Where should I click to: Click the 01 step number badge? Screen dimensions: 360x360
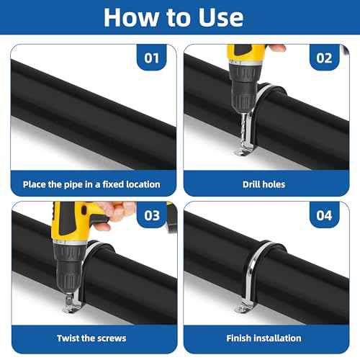pyautogui.click(x=151, y=58)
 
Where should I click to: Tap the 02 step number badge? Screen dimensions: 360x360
pyautogui.click(x=323, y=58)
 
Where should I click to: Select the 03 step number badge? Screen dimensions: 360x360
pyautogui.click(x=151, y=215)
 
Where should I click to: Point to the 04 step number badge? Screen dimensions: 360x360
pyautogui.click(x=323, y=215)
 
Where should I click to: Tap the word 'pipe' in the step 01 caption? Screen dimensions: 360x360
pyautogui.click(x=73, y=184)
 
